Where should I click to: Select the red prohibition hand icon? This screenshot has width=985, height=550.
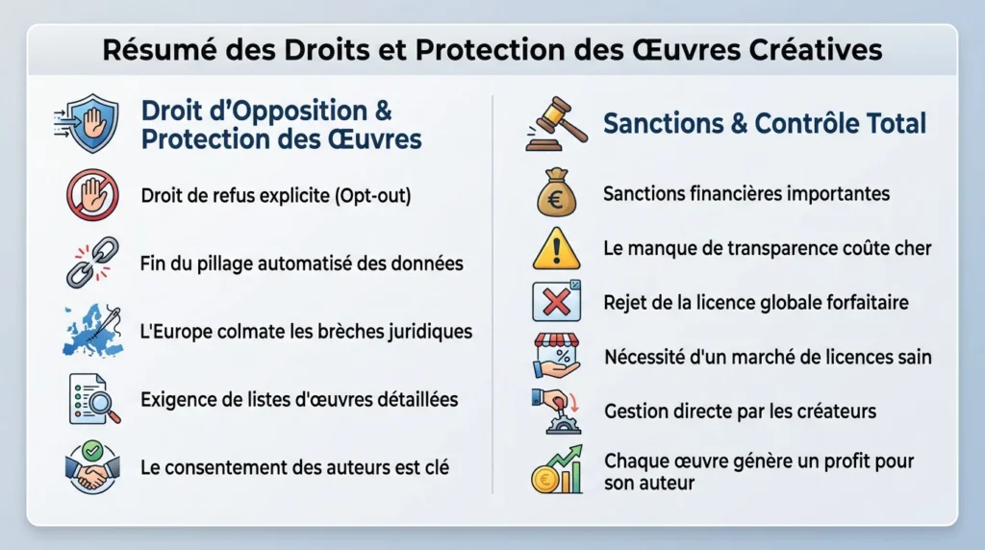pos(91,195)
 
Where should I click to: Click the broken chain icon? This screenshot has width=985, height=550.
pos(91,262)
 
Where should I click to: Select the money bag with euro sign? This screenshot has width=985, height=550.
pos(556,192)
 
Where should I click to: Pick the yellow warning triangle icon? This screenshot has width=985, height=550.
pos(556,248)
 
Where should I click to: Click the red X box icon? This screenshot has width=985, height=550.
pos(556,301)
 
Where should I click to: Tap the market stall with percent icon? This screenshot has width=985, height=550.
pos(556,356)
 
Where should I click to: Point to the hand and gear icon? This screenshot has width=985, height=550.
pos(556,411)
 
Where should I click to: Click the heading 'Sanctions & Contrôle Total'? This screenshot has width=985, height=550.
pos(764,123)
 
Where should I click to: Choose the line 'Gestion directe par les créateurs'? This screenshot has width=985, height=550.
pos(740,411)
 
